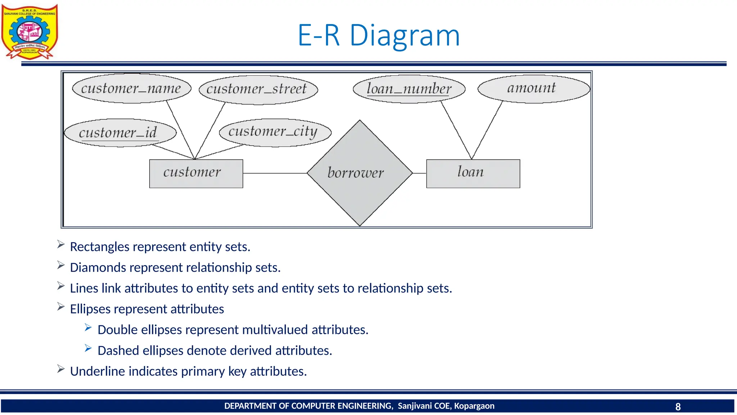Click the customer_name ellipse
(131, 89)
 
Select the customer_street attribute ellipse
(258, 90)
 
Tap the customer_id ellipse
(120, 133)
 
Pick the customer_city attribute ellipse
(275, 132)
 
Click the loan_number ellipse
(409, 89)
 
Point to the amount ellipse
(533, 89)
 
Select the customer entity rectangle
(196, 173)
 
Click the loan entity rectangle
(473, 173)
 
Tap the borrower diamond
(360, 173)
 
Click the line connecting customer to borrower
(275, 173)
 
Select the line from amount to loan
(487, 131)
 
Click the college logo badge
(30, 32)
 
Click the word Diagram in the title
(404, 36)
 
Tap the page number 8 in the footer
(678, 407)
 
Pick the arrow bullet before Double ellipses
(88, 327)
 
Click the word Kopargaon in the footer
(474, 406)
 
